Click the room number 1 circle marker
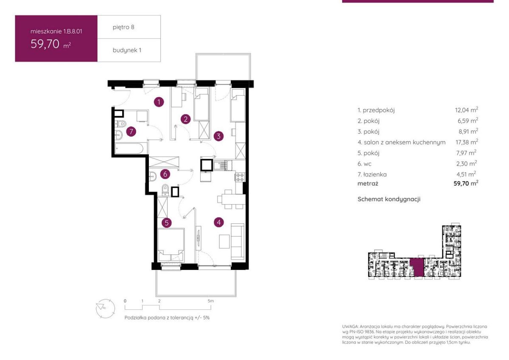click(159, 102)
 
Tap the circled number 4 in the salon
click(219, 222)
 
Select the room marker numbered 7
click(131, 132)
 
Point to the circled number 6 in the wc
click(165, 174)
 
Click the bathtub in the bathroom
click(129, 149)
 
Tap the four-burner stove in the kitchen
click(240, 177)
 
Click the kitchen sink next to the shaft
click(221, 166)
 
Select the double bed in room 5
click(171, 245)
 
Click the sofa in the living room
click(238, 241)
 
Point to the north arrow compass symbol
click(105, 308)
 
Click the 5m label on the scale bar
click(211, 301)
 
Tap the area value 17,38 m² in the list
click(467, 142)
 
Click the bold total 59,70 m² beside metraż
click(466, 183)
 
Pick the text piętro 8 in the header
click(123, 27)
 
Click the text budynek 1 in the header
click(127, 50)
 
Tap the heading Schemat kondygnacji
click(389, 199)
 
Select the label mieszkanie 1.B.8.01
click(56, 31)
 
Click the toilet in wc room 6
click(165, 189)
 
